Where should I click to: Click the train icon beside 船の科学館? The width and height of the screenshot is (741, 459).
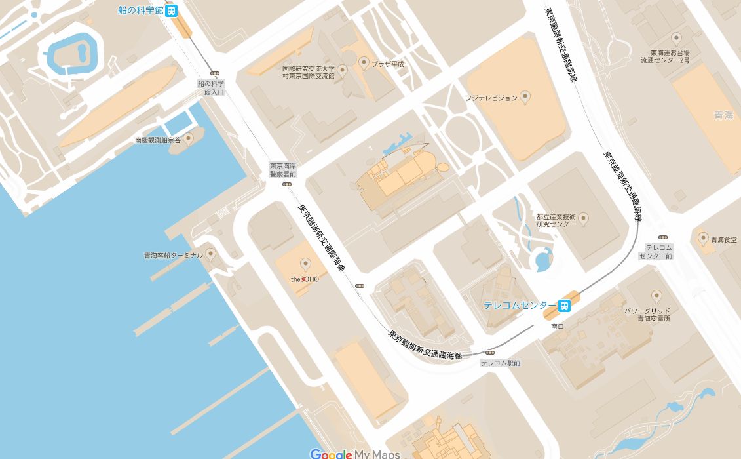tap(172, 10)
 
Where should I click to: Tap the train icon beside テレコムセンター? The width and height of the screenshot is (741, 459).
tap(563, 306)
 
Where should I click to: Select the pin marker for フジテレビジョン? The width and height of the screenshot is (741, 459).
tap(524, 97)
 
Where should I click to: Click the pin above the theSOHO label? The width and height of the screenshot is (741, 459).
tap(305, 264)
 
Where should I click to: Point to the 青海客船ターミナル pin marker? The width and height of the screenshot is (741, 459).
tap(210, 254)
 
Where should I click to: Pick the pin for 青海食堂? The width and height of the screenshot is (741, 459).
tap(703, 239)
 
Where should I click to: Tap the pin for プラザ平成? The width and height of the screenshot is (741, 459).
tap(364, 62)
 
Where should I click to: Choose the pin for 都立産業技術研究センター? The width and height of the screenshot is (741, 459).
tap(583, 218)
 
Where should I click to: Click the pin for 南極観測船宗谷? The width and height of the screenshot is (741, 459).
tap(189, 138)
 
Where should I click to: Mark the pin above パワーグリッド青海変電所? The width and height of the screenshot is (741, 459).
tap(656, 296)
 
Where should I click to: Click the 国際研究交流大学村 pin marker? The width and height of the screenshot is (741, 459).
tap(341, 68)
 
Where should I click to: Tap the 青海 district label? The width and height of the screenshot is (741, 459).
tap(723, 115)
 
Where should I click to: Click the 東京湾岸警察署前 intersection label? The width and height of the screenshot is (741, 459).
tap(283, 170)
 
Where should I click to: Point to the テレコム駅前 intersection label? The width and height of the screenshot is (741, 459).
tap(500, 363)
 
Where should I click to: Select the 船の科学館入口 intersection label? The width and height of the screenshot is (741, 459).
tap(211, 88)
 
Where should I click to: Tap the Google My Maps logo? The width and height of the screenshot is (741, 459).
tap(354, 454)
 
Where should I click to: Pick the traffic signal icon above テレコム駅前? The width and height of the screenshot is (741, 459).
tap(489, 353)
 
